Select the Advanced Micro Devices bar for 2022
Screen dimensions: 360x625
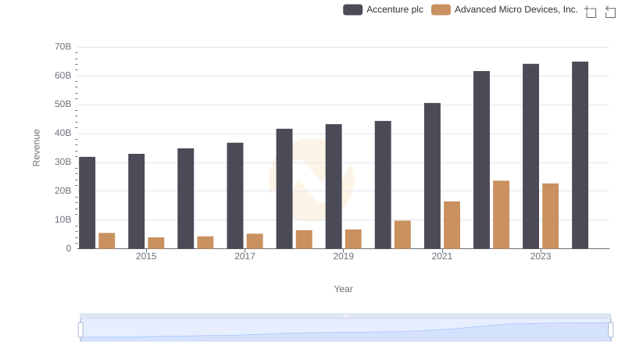(x=501, y=215)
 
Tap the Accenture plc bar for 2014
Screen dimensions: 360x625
(x=87, y=203)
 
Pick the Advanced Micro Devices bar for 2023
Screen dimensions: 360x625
(x=550, y=216)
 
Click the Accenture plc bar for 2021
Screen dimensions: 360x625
(x=432, y=176)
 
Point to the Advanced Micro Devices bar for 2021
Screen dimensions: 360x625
(x=452, y=225)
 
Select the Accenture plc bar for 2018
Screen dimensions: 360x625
(x=284, y=188)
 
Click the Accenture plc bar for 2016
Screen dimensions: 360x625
(x=186, y=198)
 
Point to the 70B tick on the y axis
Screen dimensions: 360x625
(x=63, y=47)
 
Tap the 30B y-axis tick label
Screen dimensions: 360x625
(x=63, y=162)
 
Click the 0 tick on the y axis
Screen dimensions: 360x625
(x=68, y=248)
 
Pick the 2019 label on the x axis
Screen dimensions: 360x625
(x=343, y=256)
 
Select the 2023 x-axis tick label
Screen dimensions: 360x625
(x=541, y=256)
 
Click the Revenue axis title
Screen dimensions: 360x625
(x=36, y=148)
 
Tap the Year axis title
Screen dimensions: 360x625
(x=343, y=289)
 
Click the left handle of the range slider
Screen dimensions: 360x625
(x=80, y=330)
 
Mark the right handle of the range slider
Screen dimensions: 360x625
(x=611, y=330)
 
